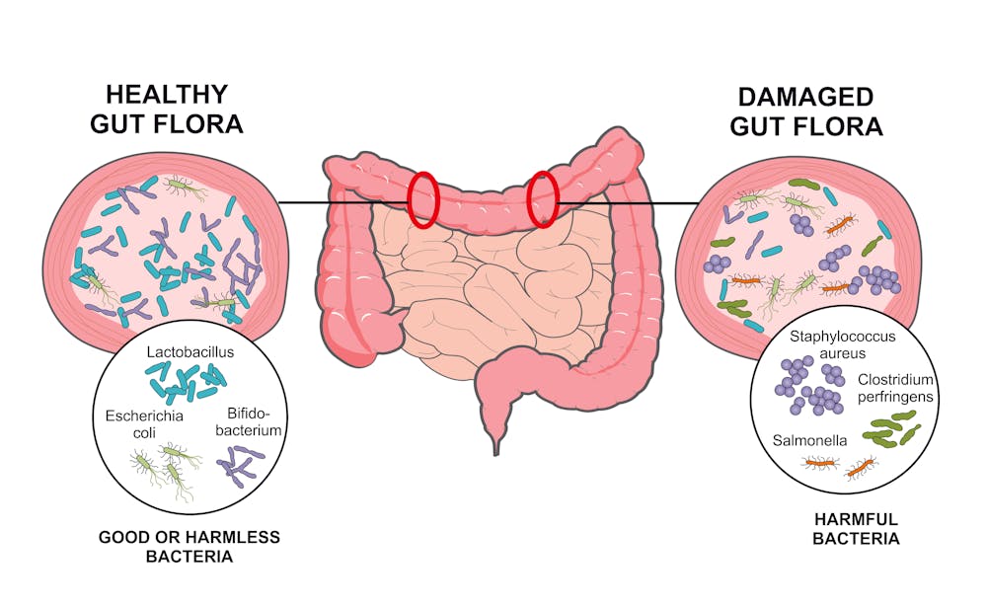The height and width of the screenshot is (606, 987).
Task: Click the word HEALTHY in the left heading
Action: [167, 95]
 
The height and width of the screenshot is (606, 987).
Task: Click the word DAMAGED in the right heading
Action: [805, 97]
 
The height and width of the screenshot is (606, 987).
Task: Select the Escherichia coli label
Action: [144, 424]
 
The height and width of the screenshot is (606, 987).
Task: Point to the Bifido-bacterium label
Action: [248, 422]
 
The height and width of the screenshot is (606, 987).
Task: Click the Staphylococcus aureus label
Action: [842, 344]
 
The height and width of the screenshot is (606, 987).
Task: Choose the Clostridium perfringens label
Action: [895, 388]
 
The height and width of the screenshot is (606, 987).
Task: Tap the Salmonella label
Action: [809, 440]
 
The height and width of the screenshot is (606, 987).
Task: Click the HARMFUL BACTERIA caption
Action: [856, 529]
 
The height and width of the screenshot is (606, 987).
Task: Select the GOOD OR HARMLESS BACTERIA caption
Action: [190, 546]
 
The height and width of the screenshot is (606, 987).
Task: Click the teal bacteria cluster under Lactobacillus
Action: [187, 383]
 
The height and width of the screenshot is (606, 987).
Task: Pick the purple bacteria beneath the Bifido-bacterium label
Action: [240, 466]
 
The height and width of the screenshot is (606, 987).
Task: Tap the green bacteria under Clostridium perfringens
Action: [890, 429]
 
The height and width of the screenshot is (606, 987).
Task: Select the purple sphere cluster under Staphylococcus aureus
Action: [810, 386]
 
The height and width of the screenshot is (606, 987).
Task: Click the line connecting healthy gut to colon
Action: [343, 202]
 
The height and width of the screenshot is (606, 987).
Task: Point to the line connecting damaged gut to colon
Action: [628, 203]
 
